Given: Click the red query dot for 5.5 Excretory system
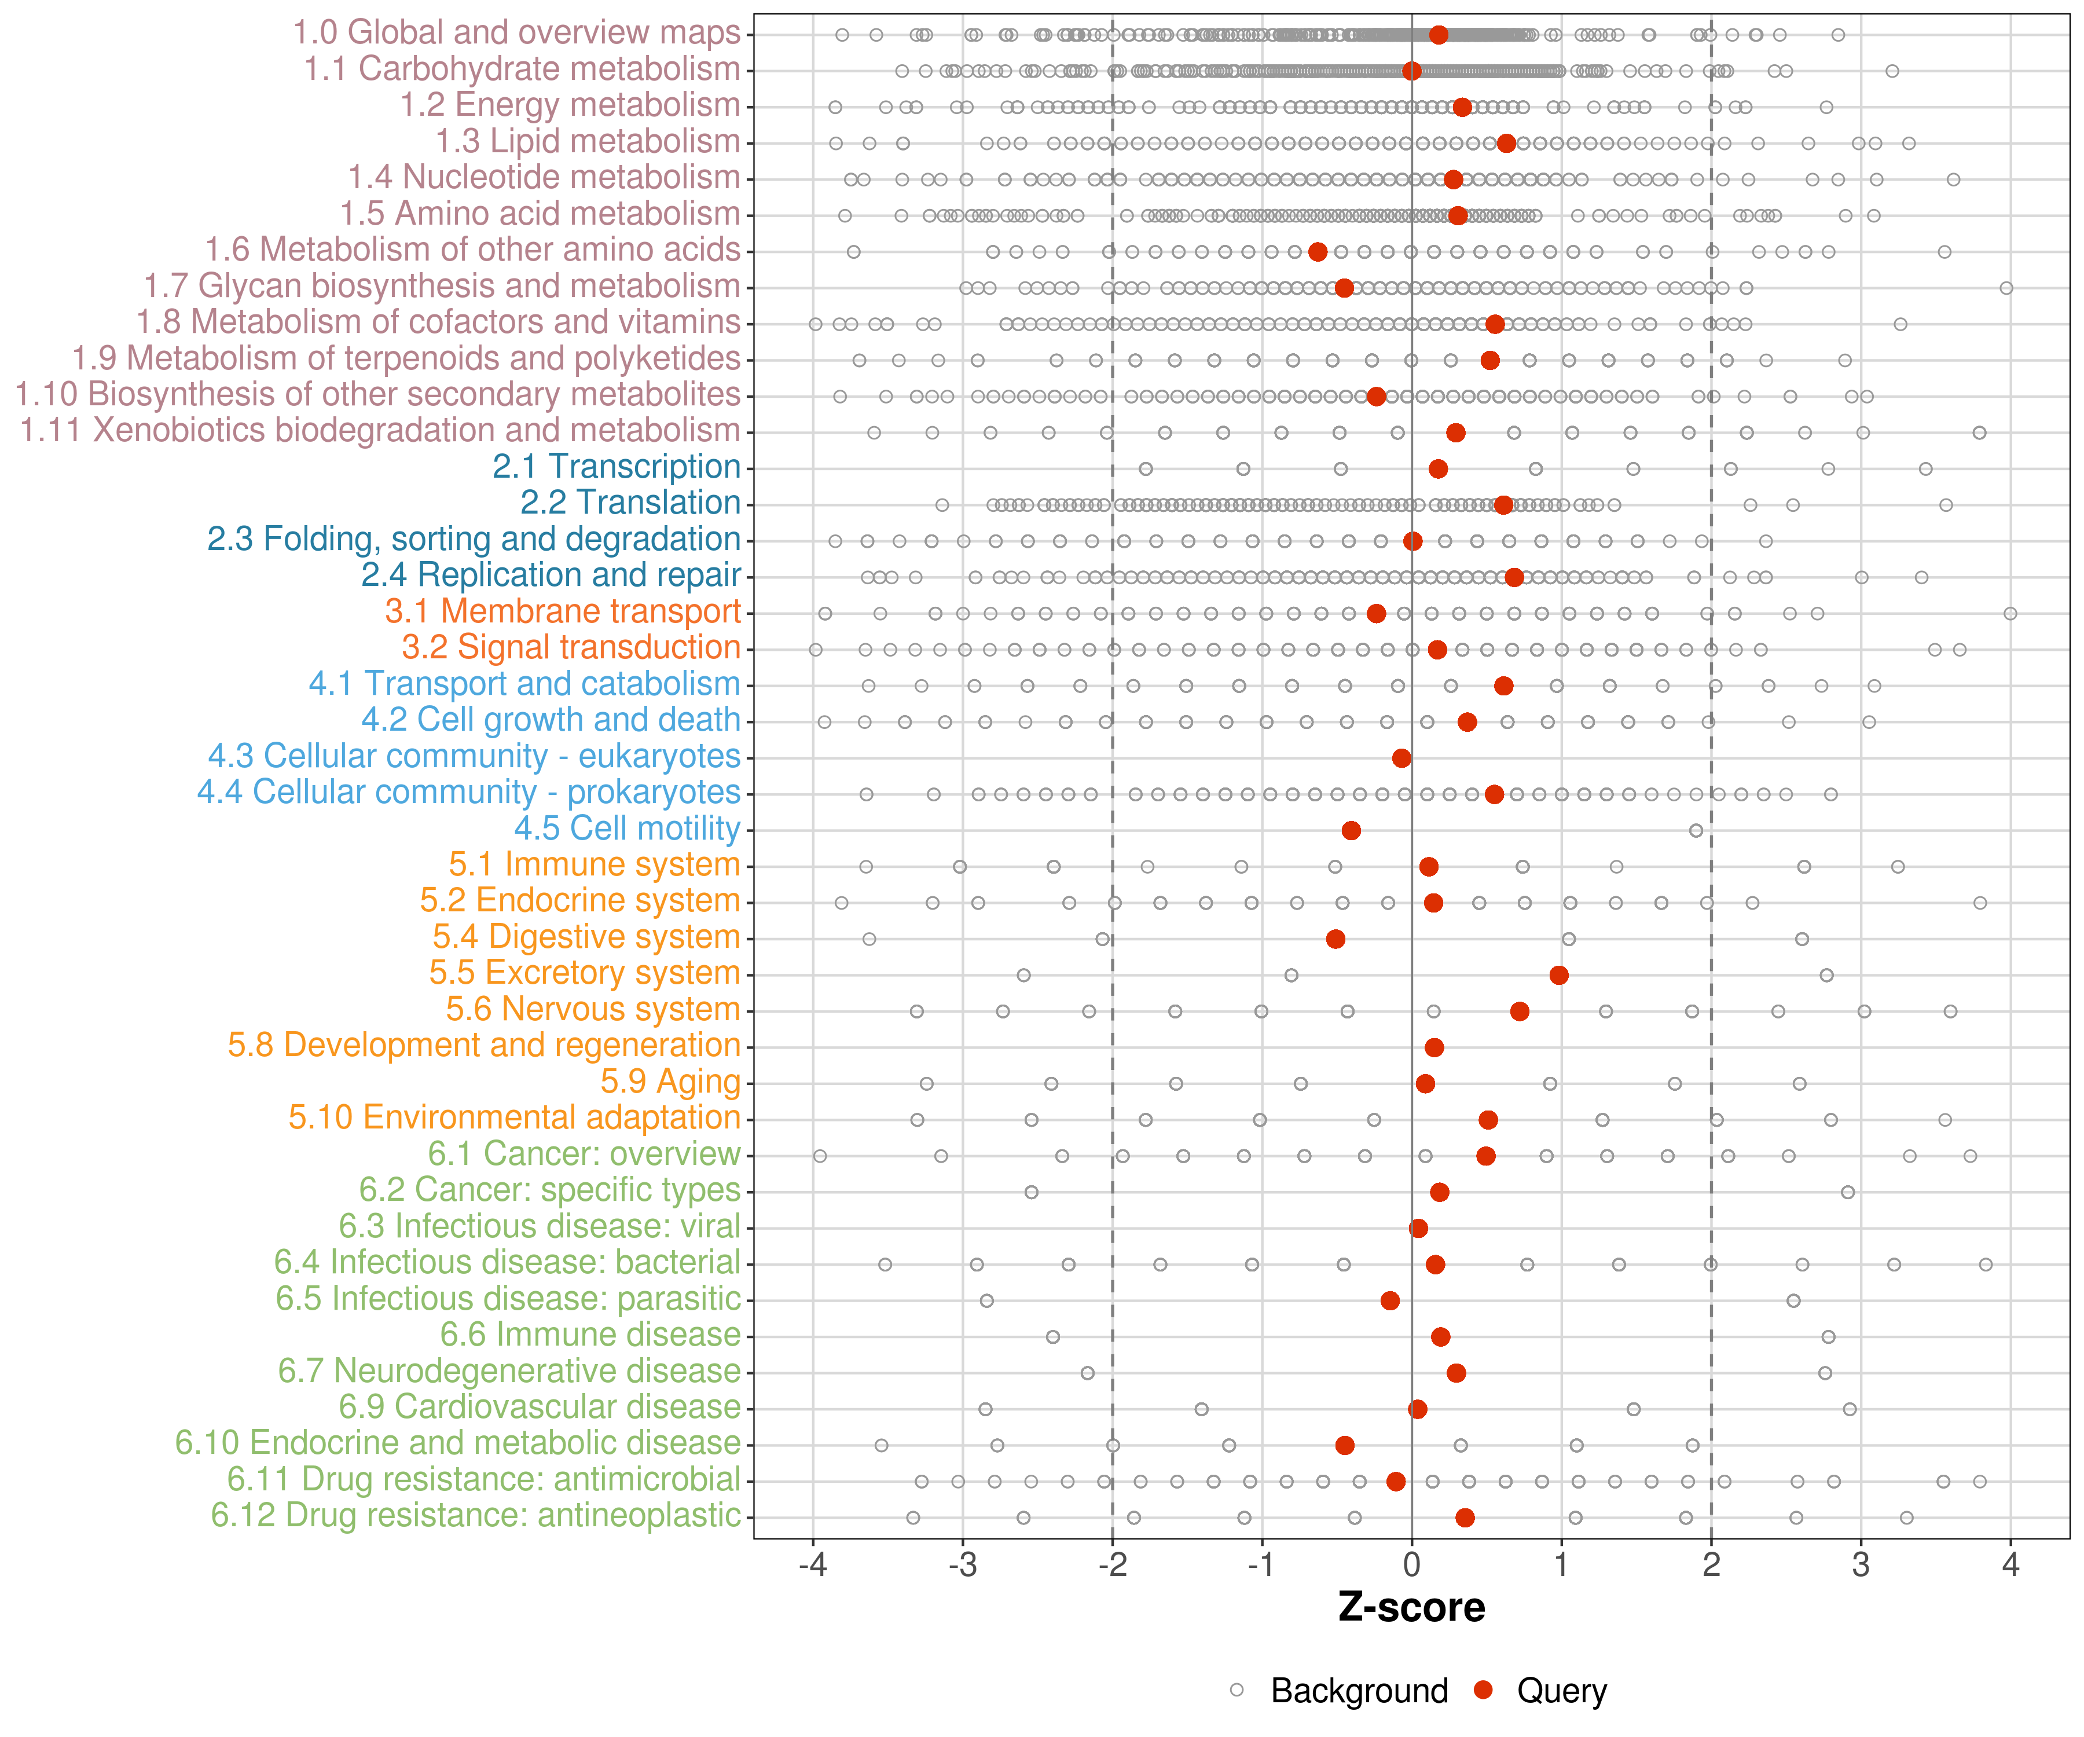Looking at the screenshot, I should pos(1559,974).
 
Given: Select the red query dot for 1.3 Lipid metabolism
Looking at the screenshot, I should pos(1506,143).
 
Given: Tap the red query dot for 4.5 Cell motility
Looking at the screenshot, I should pos(1351,830).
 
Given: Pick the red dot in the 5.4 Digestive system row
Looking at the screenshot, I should pos(1335,939).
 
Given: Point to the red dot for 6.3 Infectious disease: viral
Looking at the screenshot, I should pos(1418,1228).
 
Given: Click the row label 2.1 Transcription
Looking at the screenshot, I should pos(617,467).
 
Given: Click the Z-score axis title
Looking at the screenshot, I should pos(1411,1608).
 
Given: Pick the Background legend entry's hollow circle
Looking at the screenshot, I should pos(1237,1690).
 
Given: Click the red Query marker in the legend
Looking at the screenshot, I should pos(1484,1690).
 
